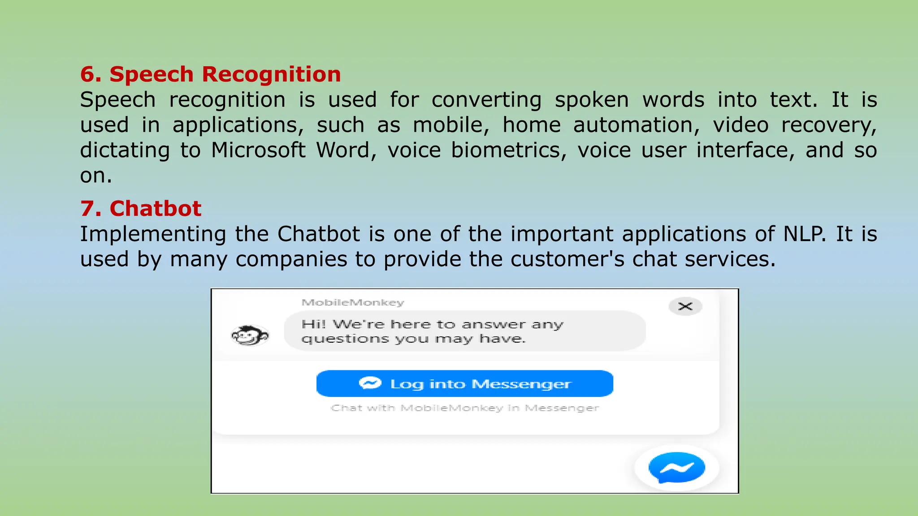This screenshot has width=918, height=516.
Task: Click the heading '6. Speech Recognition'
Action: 210,74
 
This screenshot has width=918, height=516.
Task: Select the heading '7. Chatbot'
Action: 141,209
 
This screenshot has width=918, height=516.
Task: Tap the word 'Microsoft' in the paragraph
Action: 258,150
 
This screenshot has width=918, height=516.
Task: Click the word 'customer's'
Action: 567,259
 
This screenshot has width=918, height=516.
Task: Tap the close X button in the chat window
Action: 685,306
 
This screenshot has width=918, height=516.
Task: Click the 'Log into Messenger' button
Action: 464,384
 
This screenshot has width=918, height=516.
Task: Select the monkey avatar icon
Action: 250,335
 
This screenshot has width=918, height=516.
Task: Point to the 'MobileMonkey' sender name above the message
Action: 353,303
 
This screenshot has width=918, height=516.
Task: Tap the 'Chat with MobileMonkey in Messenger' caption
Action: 464,408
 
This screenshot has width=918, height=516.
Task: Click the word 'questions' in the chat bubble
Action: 345,339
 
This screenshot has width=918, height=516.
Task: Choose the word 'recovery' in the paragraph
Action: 829,125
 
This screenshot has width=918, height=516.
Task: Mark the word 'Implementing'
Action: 153,234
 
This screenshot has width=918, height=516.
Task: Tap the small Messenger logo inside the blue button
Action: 370,383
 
